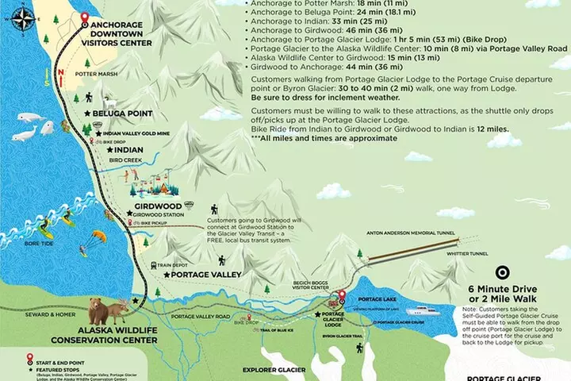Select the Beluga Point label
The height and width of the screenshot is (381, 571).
pyautogui.click(x=122, y=114)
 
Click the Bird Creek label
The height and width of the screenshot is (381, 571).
pyautogui.click(x=126, y=160)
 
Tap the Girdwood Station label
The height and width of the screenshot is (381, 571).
pyautogui.click(x=159, y=214)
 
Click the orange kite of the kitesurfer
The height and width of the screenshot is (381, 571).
pyautogui.click(x=98, y=236)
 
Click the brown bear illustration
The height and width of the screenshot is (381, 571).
pyautogui.click(x=99, y=310)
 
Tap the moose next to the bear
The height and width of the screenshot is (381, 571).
pyautogui.click(x=119, y=310)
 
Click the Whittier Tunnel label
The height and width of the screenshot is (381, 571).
pyautogui.click(x=468, y=254)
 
